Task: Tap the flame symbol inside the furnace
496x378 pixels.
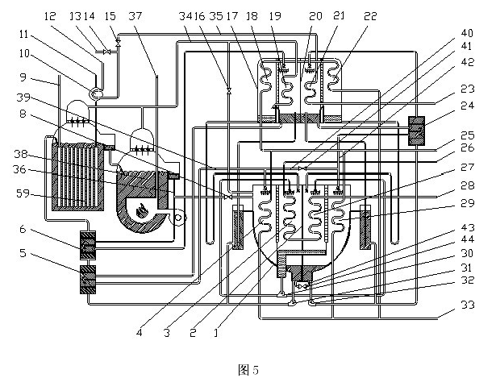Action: pyautogui.click(x=143, y=211)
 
